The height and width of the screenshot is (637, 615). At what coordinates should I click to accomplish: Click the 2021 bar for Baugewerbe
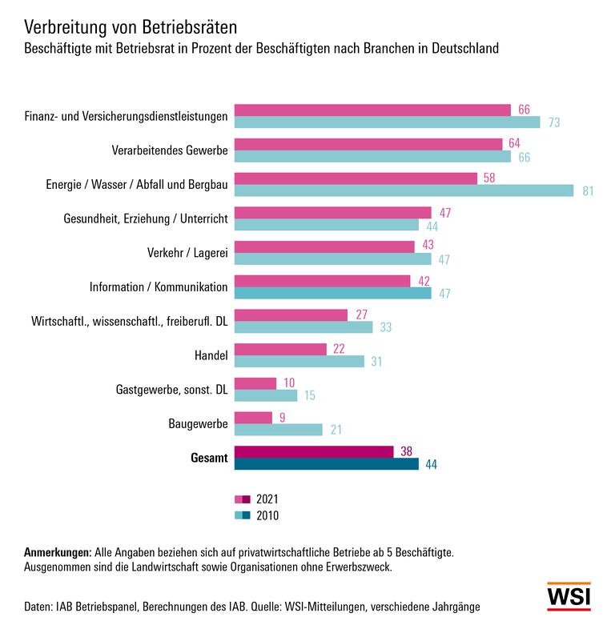pos(253,418)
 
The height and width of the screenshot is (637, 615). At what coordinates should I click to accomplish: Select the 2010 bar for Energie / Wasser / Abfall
pos(404,190)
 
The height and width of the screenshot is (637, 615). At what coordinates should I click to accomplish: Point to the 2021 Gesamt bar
pos(313,452)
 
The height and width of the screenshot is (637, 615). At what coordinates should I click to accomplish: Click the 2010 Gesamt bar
pos(326,464)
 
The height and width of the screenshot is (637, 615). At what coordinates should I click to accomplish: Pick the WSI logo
pos(569,597)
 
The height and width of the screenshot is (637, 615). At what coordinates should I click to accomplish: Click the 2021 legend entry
pos(256,499)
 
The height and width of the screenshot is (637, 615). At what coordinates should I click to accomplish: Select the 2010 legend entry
pos(256,515)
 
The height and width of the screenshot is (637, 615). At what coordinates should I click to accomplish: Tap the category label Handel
pos(211,355)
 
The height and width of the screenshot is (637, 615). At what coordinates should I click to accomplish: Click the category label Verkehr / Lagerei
pos(187,252)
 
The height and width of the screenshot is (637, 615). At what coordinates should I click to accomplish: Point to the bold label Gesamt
pos(209,459)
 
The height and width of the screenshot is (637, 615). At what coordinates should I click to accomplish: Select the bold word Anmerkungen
pos(58,553)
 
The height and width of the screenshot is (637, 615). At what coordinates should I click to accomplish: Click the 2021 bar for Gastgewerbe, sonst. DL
pos(255,383)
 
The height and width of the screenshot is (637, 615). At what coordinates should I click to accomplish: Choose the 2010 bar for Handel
pos(299,361)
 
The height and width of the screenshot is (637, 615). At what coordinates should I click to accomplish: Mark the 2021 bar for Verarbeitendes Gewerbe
pos(368,144)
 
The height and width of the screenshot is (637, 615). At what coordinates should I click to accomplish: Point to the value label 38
pos(407,452)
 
